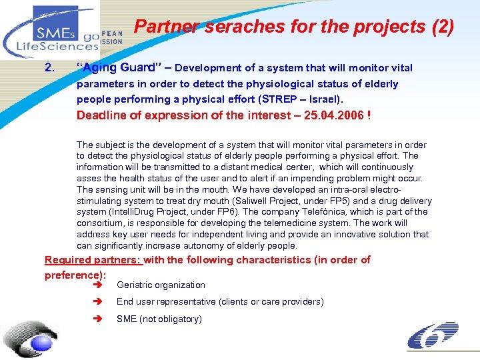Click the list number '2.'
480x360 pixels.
(x=49, y=68)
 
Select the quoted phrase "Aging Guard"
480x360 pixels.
(x=115, y=68)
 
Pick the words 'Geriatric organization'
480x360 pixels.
(x=161, y=285)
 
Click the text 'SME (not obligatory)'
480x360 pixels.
(x=159, y=319)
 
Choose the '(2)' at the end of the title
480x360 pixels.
(x=442, y=27)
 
